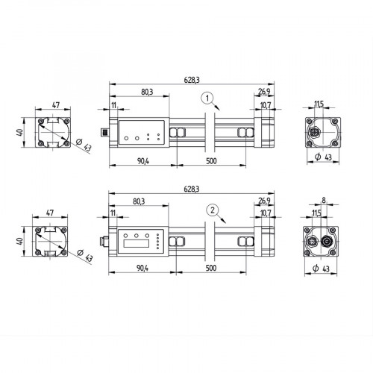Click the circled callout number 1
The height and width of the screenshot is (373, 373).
(208, 97)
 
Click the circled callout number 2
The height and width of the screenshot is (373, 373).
(214, 210)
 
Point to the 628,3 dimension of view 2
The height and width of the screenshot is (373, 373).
(192, 190)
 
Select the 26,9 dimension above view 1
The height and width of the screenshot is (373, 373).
(264, 93)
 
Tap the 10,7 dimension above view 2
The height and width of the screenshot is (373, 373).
(266, 214)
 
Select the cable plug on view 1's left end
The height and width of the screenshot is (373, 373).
(104, 133)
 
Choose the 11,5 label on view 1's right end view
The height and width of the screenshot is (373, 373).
(319, 105)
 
